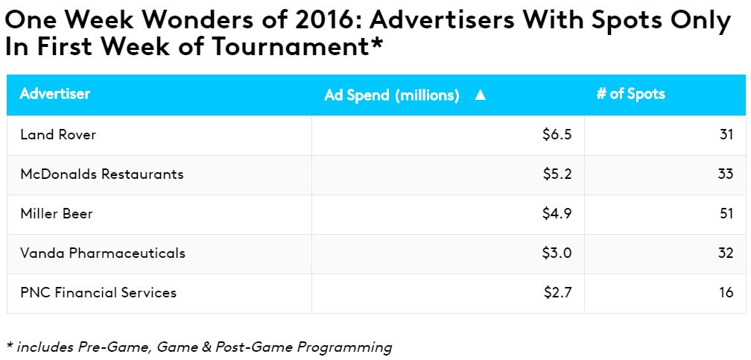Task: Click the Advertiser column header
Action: point(55,94)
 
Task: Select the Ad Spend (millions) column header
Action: point(392,95)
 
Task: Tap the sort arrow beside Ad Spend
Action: point(480,95)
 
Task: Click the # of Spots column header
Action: point(630,94)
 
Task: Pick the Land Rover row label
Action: point(58,135)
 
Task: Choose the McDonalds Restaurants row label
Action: point(102,174)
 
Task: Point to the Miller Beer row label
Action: point(57,214)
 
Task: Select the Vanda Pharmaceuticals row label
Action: point(103,253)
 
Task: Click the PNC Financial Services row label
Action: point(98,293)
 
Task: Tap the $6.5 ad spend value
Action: point(557,135)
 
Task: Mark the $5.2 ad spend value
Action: point(557,174)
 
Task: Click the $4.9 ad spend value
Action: point(557,214)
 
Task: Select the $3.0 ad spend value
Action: point(557,253)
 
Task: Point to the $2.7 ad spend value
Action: point(557,293)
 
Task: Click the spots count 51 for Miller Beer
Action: point(726,214)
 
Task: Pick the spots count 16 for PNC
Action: point(726,293)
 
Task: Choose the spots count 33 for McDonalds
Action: point(726,174)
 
